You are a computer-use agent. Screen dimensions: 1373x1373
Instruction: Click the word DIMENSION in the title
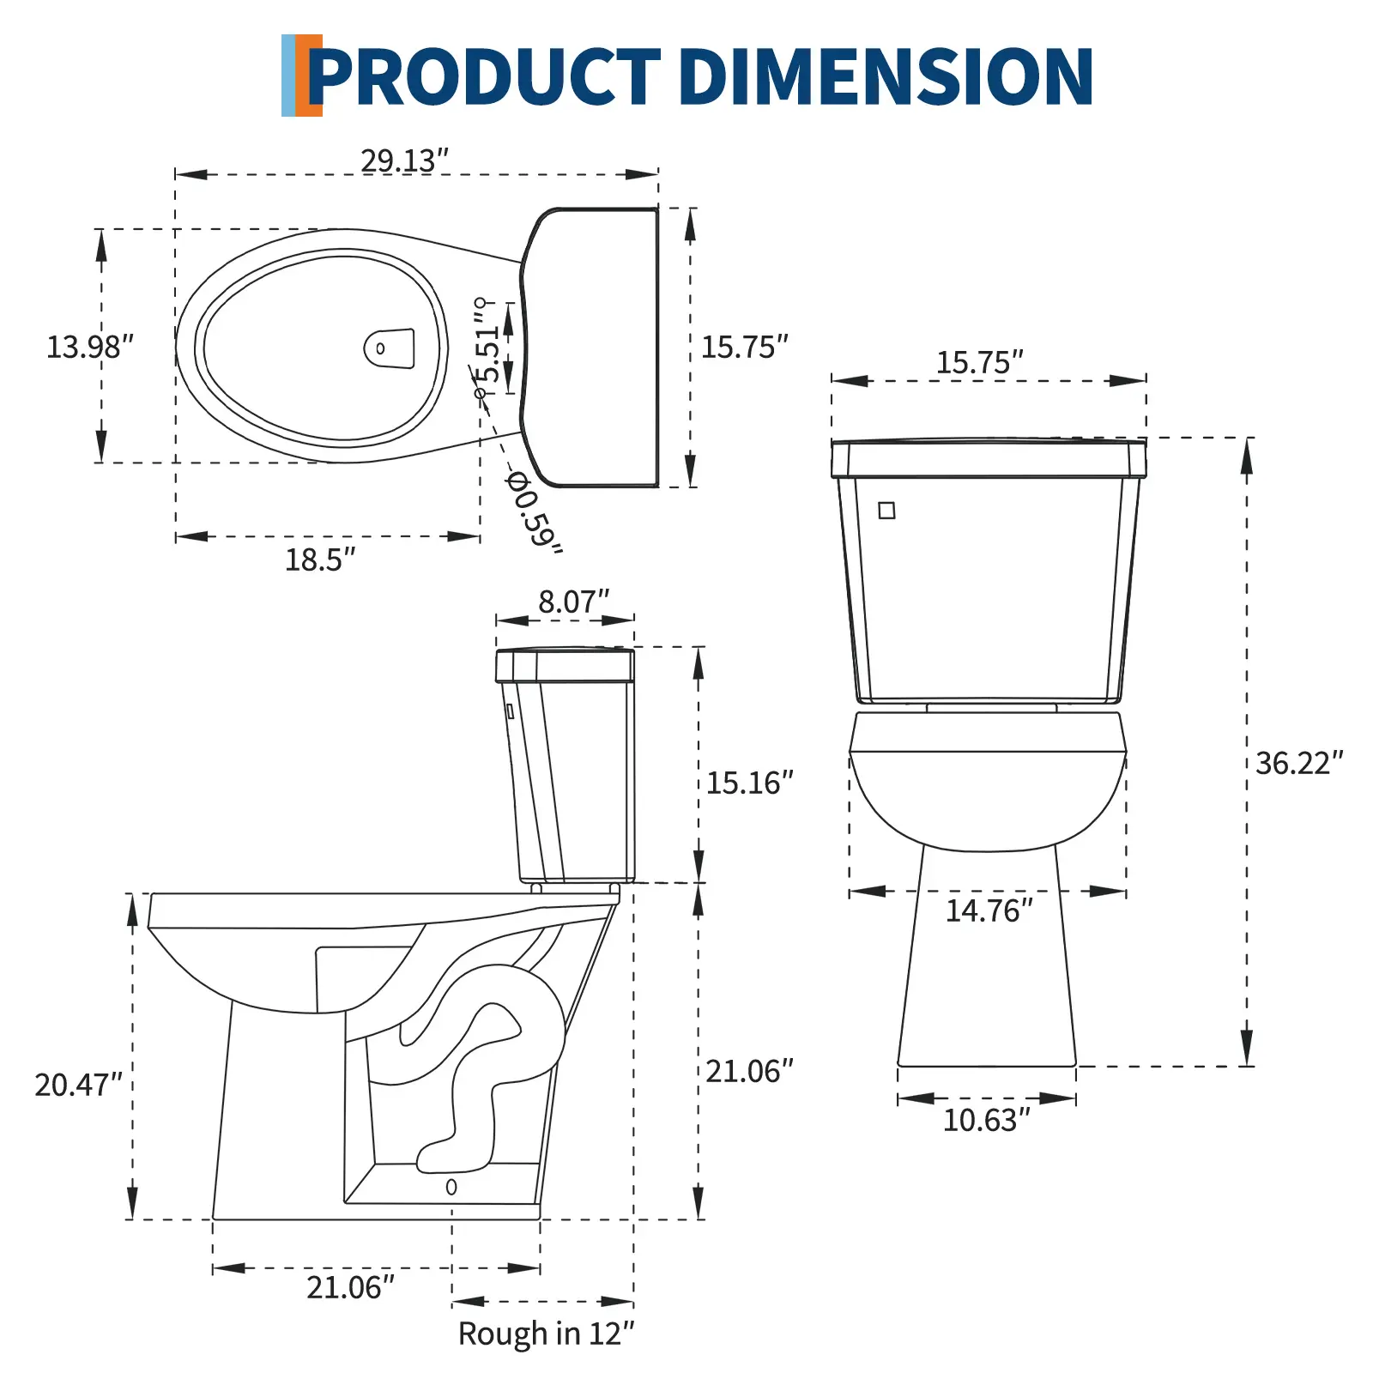pos(886,76)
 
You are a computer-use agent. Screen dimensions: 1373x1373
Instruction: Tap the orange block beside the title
pos(309,76)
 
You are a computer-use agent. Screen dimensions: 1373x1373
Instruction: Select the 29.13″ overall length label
pos(404,160)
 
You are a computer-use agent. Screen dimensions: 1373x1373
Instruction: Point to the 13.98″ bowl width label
pos(90,347)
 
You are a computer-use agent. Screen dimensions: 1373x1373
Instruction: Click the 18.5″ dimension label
pos(320,559)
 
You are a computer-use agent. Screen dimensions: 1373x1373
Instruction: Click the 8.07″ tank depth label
pos(573,602)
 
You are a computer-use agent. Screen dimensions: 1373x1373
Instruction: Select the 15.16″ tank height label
pos(750,783)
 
